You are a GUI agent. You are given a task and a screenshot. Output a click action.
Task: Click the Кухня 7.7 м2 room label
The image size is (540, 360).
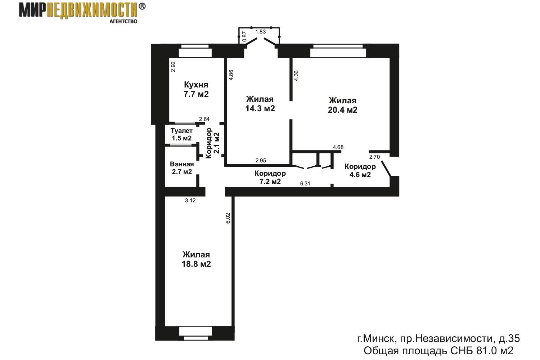point(196,89)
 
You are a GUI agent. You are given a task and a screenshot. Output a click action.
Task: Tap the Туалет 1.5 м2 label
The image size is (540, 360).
point(181,134)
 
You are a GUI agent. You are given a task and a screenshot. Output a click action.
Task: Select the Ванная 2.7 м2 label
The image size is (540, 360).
point(182,168)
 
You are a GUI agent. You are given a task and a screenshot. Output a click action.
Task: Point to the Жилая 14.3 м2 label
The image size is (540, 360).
point(260,104)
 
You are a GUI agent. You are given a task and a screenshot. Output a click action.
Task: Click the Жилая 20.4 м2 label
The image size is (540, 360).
point(343,105)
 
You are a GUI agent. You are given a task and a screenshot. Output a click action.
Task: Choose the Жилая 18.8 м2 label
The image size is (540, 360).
point(196,259)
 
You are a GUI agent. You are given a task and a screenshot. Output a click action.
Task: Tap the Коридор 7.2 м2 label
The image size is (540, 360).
point(270,177)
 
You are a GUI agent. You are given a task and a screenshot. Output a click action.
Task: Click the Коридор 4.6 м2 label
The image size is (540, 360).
point(360,170)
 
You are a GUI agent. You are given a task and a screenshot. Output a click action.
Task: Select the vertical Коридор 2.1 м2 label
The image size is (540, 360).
point(213,143)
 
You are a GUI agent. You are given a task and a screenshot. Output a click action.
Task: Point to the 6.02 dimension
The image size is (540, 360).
point(228,218)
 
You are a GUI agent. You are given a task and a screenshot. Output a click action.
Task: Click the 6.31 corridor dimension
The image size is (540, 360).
point(305,184)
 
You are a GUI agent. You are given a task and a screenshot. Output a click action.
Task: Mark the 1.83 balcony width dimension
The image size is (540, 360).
point(261,32)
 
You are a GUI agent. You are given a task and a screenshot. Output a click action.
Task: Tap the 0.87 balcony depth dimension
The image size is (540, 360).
point(244,36)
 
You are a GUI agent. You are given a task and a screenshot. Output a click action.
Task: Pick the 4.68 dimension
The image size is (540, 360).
point(338,147)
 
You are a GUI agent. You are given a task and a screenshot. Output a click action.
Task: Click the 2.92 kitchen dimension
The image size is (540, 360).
point(173,67)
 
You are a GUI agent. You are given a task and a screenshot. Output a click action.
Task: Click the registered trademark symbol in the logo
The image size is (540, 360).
point(142,6)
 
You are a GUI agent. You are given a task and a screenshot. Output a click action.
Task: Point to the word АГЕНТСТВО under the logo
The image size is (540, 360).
point(123,21)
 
